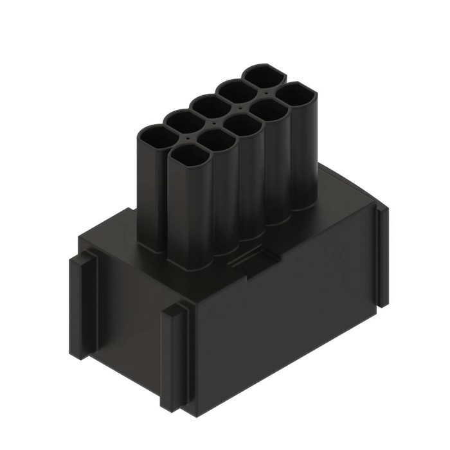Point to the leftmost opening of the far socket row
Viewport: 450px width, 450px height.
155,136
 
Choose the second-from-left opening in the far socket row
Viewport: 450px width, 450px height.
183,120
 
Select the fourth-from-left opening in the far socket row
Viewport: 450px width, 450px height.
235,89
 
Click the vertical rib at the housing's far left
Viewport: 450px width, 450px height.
82,302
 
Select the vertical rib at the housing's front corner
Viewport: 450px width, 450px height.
174,357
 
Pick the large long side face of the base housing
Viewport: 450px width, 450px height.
283,321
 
